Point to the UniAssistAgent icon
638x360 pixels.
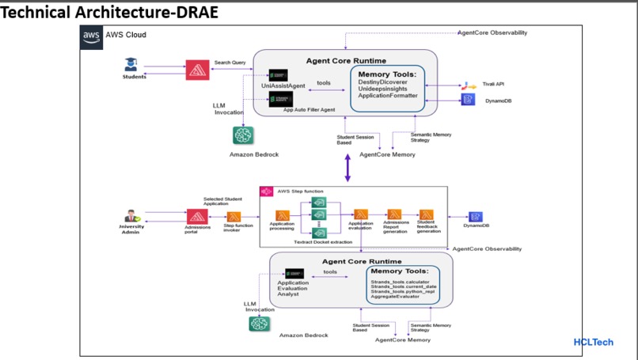(278, 75)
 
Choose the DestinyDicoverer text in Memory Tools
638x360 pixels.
(384, 82)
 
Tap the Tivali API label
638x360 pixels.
(496, 83)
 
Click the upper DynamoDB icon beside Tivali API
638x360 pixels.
(468, 99)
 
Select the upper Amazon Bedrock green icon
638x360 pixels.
(243, 135)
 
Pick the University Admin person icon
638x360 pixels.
(132, 217)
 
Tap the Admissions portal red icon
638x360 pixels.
(197, 216)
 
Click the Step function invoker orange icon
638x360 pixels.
(234, 217)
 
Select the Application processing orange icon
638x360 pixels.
(282, 214)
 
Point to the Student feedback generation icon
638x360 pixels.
(426, 214)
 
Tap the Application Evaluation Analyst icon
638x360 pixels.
(294, 274)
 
